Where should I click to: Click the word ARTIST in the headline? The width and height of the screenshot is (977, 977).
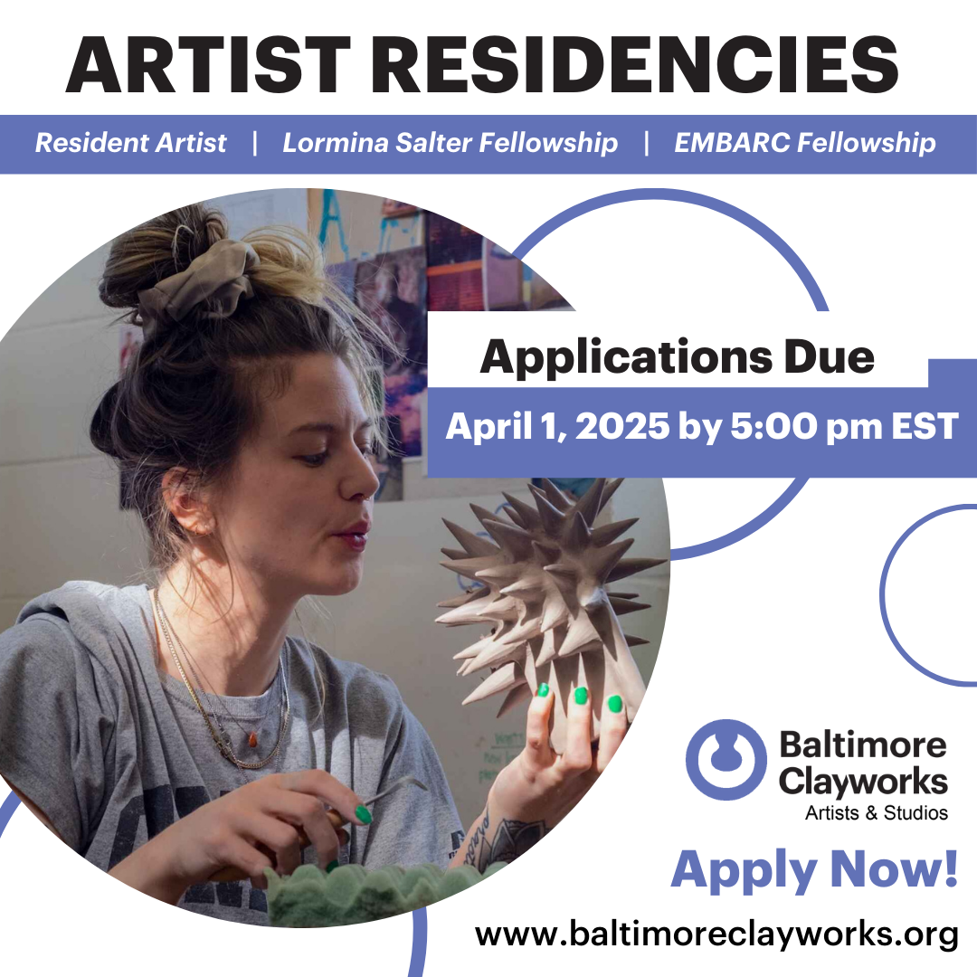208,65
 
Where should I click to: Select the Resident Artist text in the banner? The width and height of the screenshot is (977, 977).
131,143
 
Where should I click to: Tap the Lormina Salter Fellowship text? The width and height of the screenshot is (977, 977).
450,143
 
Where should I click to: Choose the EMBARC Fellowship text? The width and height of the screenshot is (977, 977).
805,143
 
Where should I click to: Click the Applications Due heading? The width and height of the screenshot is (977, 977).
678,357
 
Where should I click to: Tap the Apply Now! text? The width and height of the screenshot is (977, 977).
814,870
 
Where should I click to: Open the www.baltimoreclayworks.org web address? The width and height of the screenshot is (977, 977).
716,934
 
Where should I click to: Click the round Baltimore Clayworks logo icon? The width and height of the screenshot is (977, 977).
726,760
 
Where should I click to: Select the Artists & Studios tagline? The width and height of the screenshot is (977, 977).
876,812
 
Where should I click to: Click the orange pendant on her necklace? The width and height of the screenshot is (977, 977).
252,740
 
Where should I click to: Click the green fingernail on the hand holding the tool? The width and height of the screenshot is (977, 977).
363,814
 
